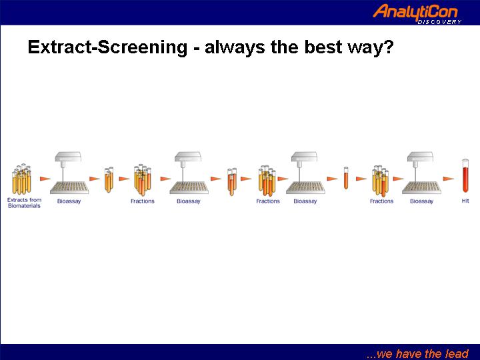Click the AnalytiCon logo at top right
click(417, 13)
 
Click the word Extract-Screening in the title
click(107, 47)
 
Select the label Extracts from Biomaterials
click(24, 203)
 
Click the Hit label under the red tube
click(465, 201)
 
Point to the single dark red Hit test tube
click(465, 175)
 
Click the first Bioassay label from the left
click(69, 201)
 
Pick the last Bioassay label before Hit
click(421, 201)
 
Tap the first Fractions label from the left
click(143, 201)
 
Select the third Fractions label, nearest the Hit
click(381, 201)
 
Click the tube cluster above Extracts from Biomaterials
click(22, 179)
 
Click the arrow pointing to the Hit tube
click(448, 179)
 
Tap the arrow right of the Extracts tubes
click(45, 179)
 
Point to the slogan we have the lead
click(417, 353)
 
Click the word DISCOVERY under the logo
click(439, 22)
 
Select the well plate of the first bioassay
click(69, 187)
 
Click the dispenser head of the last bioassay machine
click(420, 157)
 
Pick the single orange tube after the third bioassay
click(346, 178)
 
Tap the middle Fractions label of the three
click(268, 201)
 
